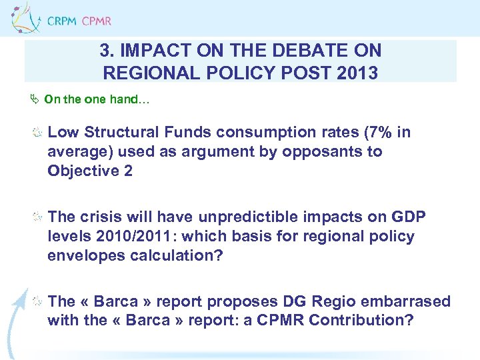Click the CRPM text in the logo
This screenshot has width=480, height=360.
pyautogui.click(x=62, y=21)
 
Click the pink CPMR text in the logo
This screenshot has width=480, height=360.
pyautogui.click(x=97, y=21)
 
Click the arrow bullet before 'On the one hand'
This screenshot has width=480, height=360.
pyautogui.click(x=36, y=100)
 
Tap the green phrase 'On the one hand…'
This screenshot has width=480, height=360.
pyautogui.click(x=97, y=100)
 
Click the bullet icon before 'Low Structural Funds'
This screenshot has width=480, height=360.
pyautogui.click(x=39, y=133)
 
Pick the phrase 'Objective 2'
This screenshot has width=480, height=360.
pyautogui.click(x=90, y=171)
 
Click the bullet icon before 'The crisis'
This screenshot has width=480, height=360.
pyautogui.click(x=39, y=217)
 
